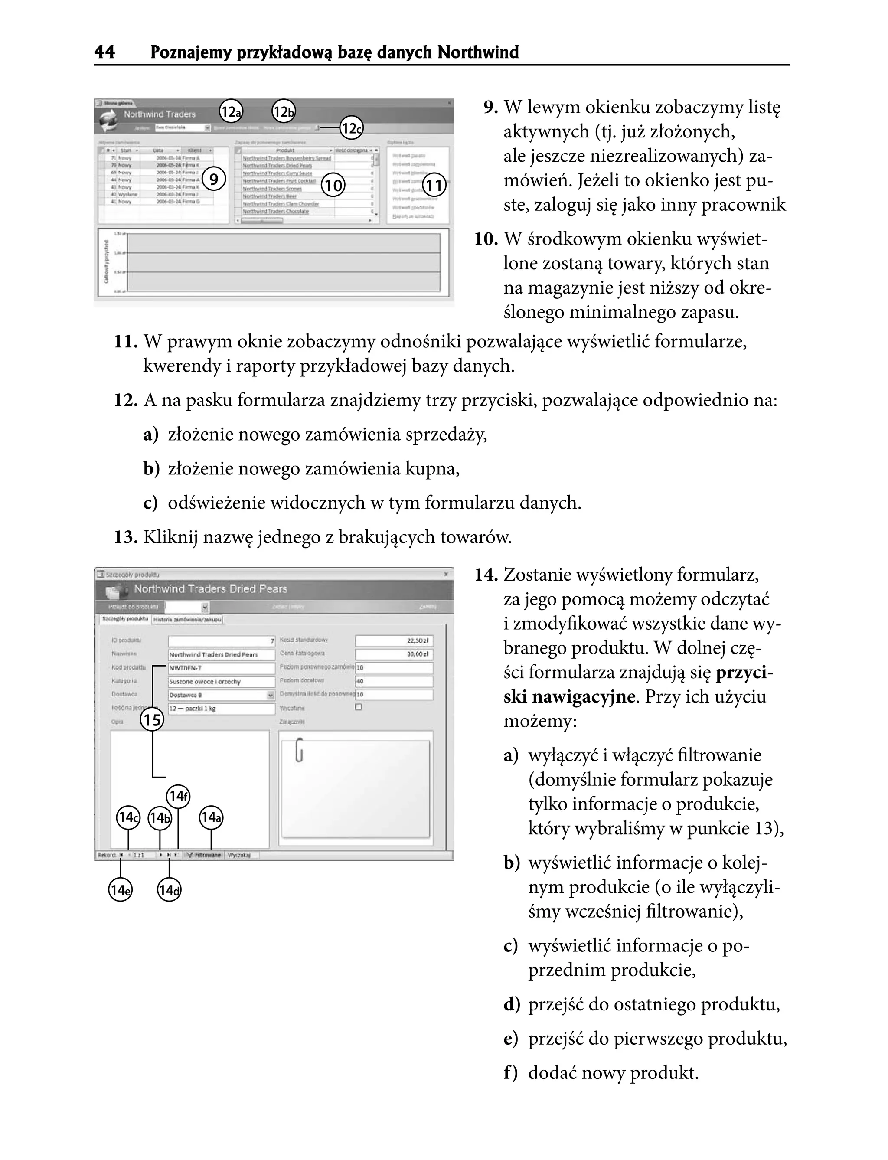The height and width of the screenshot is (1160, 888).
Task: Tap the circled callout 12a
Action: tap(231, 111)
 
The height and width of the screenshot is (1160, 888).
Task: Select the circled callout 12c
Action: tap(351, 128)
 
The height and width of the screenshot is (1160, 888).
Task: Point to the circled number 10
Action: tap(333, 185)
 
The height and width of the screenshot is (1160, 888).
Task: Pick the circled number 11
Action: tap(434, 185)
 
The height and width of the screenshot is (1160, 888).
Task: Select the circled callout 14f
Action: tap(178, 796)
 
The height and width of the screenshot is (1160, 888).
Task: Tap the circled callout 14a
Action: tap(211, 817)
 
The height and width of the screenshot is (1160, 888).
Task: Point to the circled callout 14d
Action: tap(169, 890)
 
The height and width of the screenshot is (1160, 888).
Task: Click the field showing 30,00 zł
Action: tap(394, 654)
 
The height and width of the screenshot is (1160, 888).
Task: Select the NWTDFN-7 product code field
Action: tap(221, 668)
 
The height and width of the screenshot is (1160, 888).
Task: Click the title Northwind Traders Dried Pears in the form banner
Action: tap(210, 589)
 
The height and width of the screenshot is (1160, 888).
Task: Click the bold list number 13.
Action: tap(126, 537)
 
